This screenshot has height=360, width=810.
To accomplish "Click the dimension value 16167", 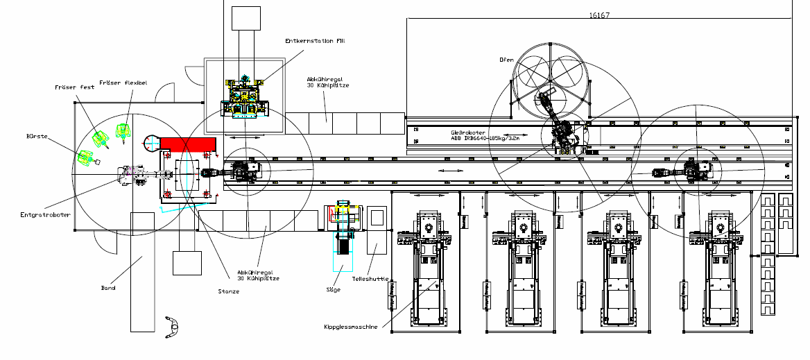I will pyautogui.click(x=600, y=15).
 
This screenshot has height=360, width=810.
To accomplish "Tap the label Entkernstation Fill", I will pyautogui.click(x=315, y=41).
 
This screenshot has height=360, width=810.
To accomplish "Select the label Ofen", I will pyautogui.click(x=506, y=60).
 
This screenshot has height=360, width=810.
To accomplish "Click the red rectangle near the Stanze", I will pyautogui.click(x=188, y=144).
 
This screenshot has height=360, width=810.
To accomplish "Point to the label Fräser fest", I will pyautogui.click(x=75, y=87).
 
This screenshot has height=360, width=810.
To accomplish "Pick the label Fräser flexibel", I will pyautogui.click(x=123, y=83).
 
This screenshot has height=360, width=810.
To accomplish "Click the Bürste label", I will pyautogui.click(x=37, y=137).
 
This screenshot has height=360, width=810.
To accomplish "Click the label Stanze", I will pyautogui.click(x=228, y=291).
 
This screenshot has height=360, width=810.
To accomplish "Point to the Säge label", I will pyautogui.click(x=333, y=289).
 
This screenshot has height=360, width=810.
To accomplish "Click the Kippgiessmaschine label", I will pyautogui.click(x=350, y=327).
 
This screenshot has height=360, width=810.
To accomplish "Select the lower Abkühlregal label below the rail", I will pyautogui.click(x=258, y=275).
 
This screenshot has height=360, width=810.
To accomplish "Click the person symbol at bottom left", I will pyautogui.click(x=171, y=327).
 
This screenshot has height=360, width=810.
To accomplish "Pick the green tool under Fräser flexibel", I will pyautogui.click(x=123, y=130).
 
